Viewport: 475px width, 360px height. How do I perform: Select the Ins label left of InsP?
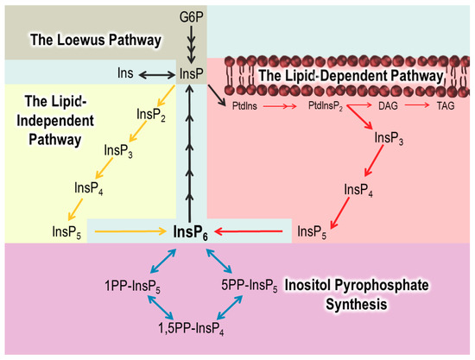pyautogui.click(x=125, y=75)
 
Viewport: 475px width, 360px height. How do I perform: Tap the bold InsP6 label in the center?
pyautogui.click(x=189, y=231)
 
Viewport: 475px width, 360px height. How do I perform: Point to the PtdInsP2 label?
pyautogui.click(x=327, y=104)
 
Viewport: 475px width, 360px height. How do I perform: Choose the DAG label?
pyautogui.click(x=387, y=104)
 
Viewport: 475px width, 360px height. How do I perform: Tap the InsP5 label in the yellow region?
pyautogui.click(x=66, y=231)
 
